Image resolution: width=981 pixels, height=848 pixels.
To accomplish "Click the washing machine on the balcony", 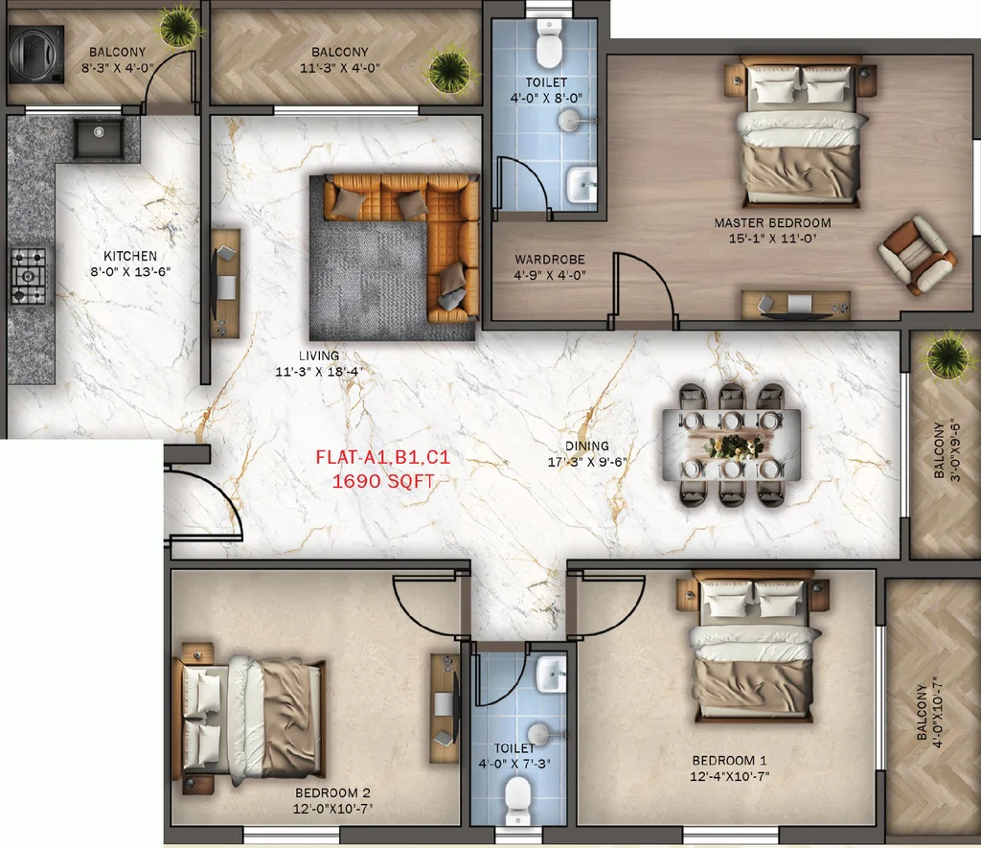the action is [x=36, y=55].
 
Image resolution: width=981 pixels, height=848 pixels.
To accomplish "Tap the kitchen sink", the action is [x=99, y=138].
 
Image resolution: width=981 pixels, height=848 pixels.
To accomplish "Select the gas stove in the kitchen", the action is [x=29, y=276].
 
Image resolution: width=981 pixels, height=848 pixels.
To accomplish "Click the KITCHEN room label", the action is [x=130, y=256].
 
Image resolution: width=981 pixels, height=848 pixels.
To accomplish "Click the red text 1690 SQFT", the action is [x=383, y=481].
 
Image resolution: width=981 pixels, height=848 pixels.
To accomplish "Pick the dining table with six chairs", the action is [x=731, y=445].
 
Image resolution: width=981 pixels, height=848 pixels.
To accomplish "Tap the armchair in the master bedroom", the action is [x=917, y=254].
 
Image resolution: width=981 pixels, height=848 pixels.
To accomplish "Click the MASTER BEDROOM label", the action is [x=773, y=223].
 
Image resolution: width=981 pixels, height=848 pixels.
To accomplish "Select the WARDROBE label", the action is [x=550, y=259].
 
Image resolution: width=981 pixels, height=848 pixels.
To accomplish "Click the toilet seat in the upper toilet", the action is [x=549, y=45].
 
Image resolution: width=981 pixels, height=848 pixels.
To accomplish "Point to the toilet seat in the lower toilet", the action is [x=517, y=800].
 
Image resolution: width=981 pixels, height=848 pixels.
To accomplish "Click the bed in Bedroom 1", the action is [x=753, y=650].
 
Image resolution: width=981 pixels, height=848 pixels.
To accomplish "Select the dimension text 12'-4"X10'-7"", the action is [x=729, y=777].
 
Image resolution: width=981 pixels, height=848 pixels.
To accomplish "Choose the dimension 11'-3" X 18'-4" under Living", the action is [x=319, y=371].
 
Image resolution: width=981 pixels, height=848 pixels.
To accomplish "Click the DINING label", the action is [x=587, y=446].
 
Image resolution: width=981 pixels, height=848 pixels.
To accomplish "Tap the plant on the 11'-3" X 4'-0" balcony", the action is [x=448, y=71].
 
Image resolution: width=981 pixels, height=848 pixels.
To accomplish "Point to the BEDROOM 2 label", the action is [x=332, y=793].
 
